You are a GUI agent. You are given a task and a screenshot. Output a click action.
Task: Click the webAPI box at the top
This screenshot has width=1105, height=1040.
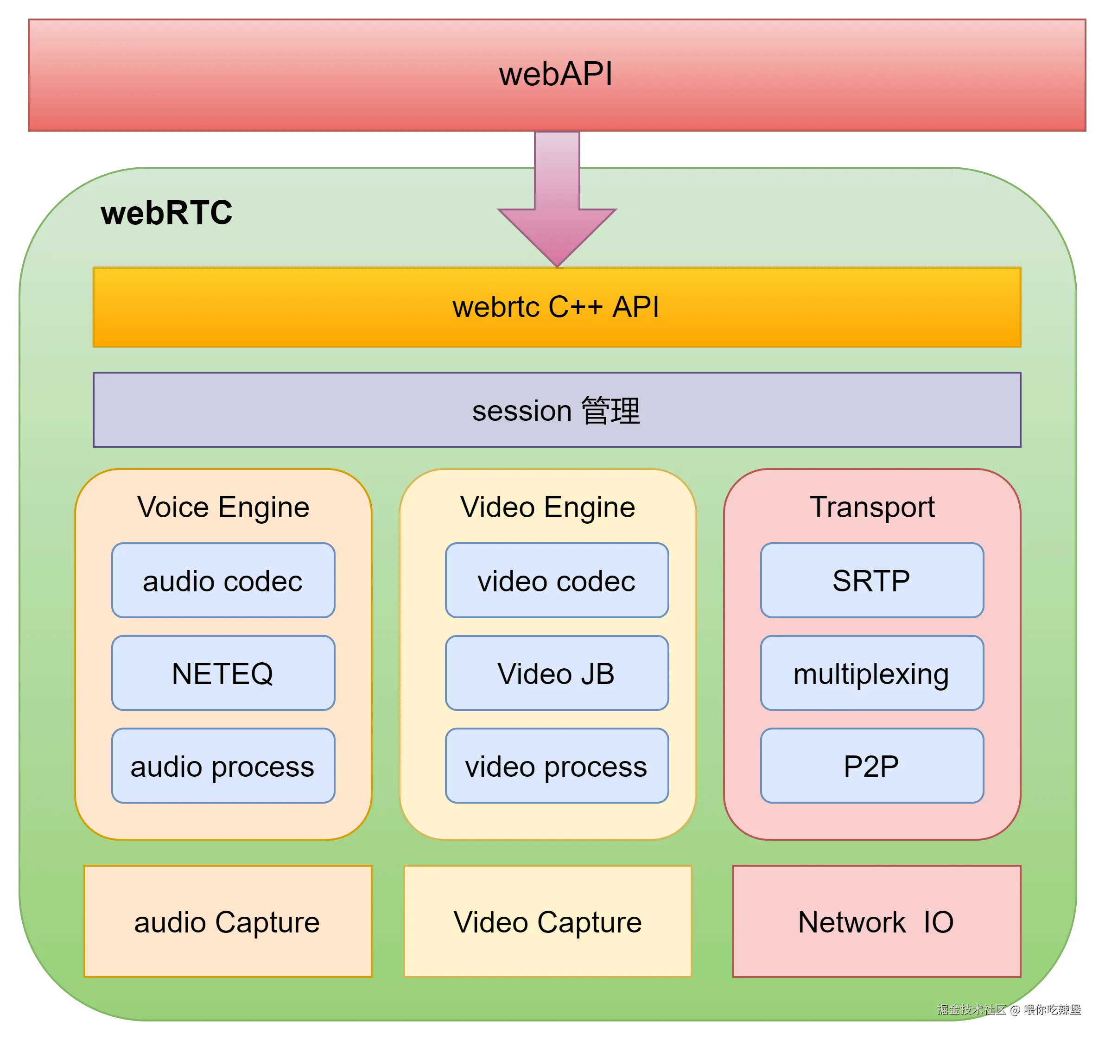coord(557,75)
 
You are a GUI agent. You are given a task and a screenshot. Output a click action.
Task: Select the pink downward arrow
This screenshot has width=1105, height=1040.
coord(557,199)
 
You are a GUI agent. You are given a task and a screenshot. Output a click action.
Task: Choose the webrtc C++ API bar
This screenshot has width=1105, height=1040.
coord(557,307)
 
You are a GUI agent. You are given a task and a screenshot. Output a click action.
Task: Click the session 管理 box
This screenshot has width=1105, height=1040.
coord(557,410)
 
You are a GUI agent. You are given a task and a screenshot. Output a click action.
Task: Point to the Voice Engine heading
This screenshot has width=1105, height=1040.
coord(223,507)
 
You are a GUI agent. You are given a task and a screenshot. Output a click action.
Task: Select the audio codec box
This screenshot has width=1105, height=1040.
coord(223,580)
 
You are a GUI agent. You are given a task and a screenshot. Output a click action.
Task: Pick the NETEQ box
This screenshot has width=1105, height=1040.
coord(223,673)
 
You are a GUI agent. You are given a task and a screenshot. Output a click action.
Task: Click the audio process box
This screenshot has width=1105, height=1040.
coord(223,766)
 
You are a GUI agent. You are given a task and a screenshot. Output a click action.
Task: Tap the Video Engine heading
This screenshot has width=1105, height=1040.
coord(548,507)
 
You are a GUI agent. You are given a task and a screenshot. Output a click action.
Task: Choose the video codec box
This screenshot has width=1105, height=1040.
coord(557,580)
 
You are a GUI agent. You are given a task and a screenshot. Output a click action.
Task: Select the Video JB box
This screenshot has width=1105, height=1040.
coord(557,673)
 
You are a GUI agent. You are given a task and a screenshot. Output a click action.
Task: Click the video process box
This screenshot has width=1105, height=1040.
coord(557,766)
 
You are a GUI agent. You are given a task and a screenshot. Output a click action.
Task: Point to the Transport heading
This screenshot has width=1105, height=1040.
coord(872,507)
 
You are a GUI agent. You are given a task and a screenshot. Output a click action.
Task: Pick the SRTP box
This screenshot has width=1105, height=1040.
coord(872,580)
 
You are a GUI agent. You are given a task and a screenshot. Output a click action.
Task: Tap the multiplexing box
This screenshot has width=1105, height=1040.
coord(872,673)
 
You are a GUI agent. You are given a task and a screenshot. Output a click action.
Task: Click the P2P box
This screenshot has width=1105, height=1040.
coord(872,766)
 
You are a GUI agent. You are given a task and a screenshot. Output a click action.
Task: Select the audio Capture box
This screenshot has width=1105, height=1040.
coord(228,922)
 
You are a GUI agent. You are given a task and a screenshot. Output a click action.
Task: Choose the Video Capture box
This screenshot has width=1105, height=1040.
coord(548,922)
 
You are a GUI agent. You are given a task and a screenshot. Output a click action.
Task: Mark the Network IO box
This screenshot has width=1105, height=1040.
coord(877,922)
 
